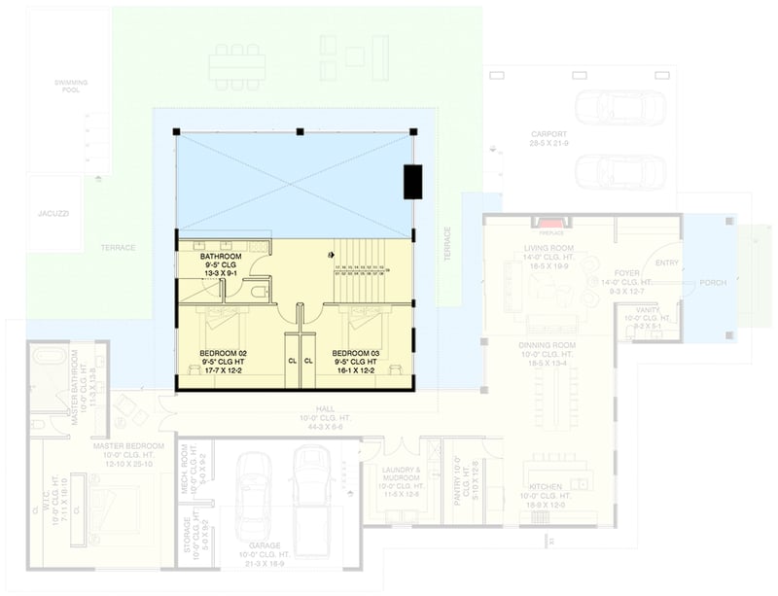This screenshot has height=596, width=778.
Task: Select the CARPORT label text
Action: point(548,134)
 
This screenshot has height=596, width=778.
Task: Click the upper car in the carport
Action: point(619,106)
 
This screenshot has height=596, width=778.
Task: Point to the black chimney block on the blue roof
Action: point(412,182)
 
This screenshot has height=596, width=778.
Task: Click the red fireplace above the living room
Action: point(551,224)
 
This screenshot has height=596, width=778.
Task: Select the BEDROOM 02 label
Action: point(224,352)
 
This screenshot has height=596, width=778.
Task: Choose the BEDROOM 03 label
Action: point(356,352)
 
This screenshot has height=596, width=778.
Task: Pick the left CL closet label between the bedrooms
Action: point(292,361)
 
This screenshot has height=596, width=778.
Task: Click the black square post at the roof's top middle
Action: point(301,130)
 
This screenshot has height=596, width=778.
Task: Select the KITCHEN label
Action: point(545,487)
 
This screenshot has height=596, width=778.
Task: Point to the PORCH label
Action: point(713,284)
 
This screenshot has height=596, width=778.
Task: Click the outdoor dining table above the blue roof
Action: point(236,65)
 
